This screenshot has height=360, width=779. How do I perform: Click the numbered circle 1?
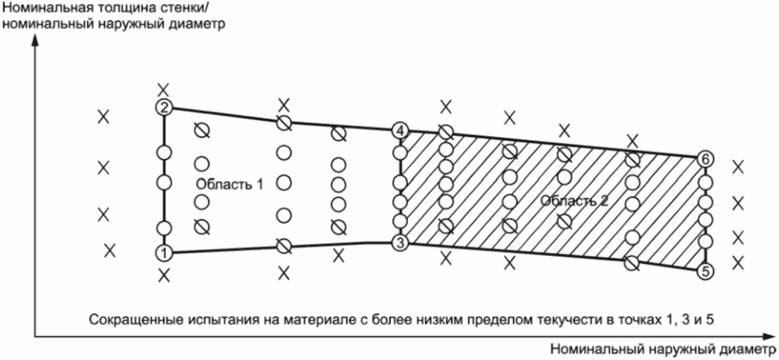pyautogui.click(x=164, y=252)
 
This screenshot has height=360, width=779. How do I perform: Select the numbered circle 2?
pyautogui.click(x=164, y=108)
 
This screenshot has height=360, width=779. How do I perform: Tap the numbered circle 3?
pyautogui.click(x=401, y=243)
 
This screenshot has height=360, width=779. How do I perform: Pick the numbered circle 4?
pyautogui.click(x=401, y=131)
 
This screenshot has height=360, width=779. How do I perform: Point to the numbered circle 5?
pyautogui.click(x=703, y=271)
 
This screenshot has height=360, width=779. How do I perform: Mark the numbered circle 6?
pyautogui.click(x=703, y=158)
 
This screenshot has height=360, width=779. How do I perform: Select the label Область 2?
pyautogui.click(x=575, y=201)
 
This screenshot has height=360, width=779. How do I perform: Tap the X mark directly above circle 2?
pyautogui.click(x=164, y=89)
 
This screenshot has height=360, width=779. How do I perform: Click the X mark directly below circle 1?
pyautogui.click(x=164, y=274)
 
